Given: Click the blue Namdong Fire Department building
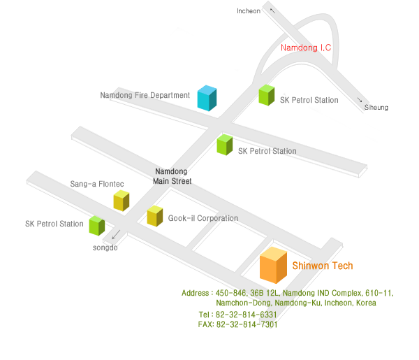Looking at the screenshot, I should pos(207,98).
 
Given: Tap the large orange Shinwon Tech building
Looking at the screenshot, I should pos(273,266).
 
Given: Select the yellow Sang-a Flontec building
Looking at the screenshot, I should pos(122,201).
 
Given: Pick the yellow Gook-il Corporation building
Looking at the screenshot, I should pos(154,216).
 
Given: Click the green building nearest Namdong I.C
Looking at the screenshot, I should pos(267,95).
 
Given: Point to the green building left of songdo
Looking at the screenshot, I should pos(96,226).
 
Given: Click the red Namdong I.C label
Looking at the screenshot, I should pos(305,48).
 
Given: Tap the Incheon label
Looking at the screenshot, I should pos(249,11).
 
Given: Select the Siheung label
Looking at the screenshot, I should pos(376,108).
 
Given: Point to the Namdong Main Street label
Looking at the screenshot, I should pos(172,176).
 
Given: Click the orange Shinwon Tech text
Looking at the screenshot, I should pos(322,266).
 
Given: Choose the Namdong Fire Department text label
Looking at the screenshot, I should pos(145,95).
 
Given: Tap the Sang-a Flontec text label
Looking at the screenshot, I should pos(97,184).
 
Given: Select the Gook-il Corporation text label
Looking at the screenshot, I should pos(203,218).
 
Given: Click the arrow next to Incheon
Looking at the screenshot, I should pos(272,10).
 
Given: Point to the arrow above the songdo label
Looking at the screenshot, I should pos(116,235).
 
